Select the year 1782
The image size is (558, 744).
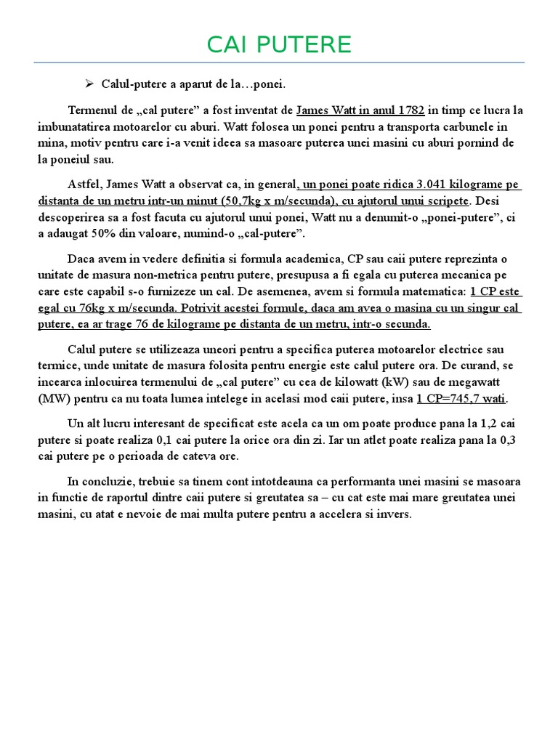(411, 111)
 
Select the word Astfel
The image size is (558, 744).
(83, 185)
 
